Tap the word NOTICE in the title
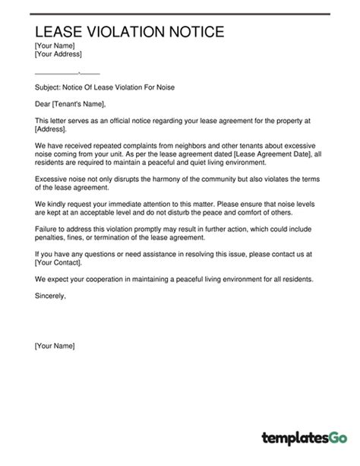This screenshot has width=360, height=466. (195, 32)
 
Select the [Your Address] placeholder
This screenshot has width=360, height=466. (58, 55)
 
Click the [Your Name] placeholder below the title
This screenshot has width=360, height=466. (55, 46)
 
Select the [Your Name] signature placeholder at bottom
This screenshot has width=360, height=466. (55, 346)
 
